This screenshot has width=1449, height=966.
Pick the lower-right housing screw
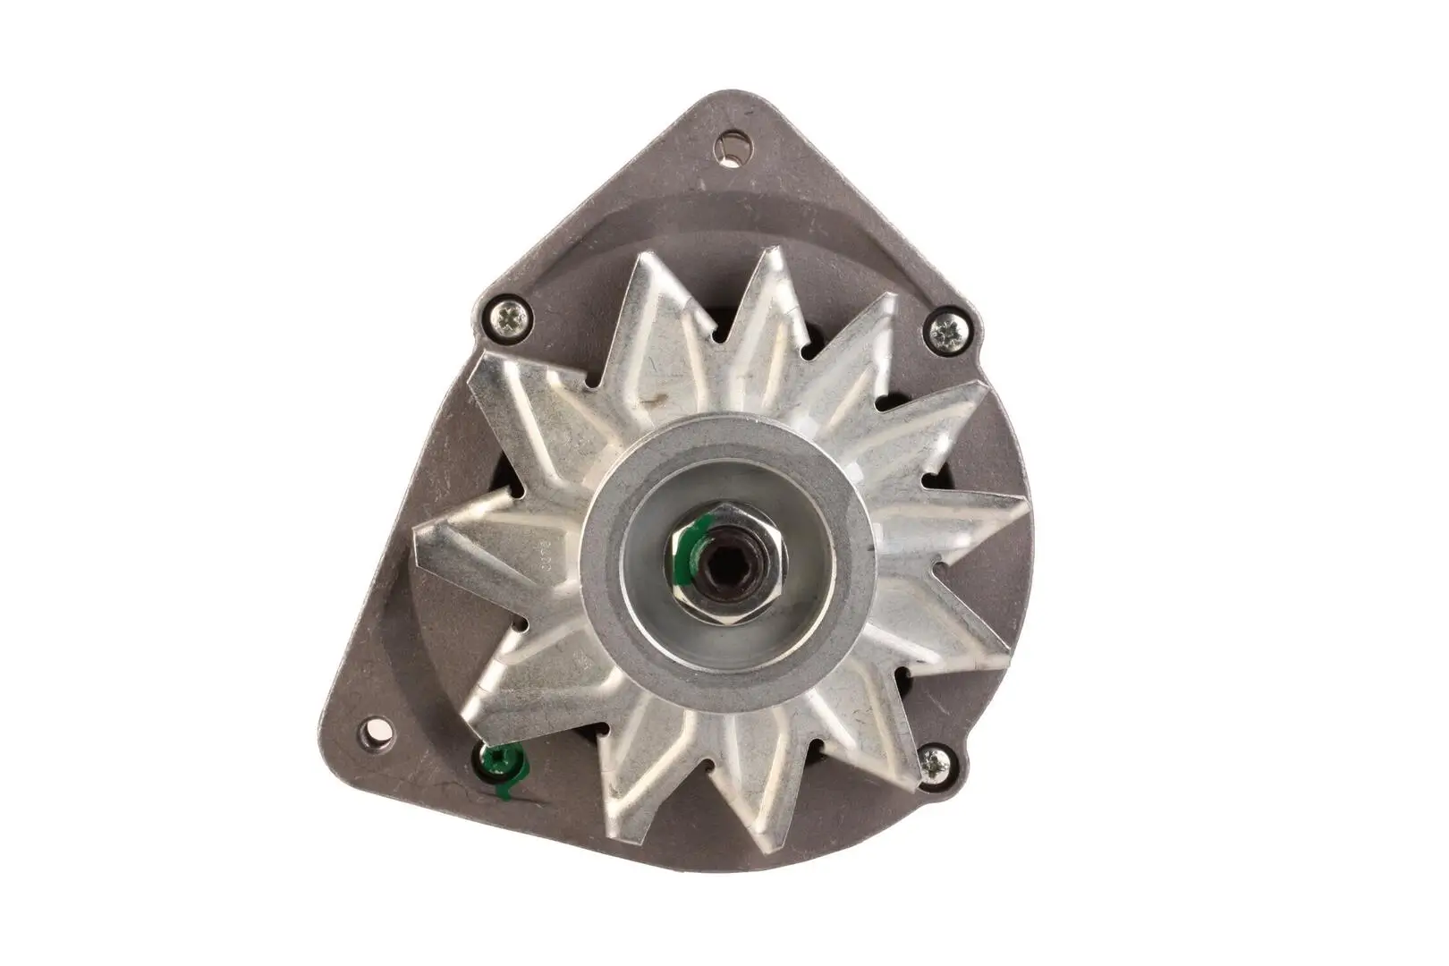[x=936, y=762]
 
